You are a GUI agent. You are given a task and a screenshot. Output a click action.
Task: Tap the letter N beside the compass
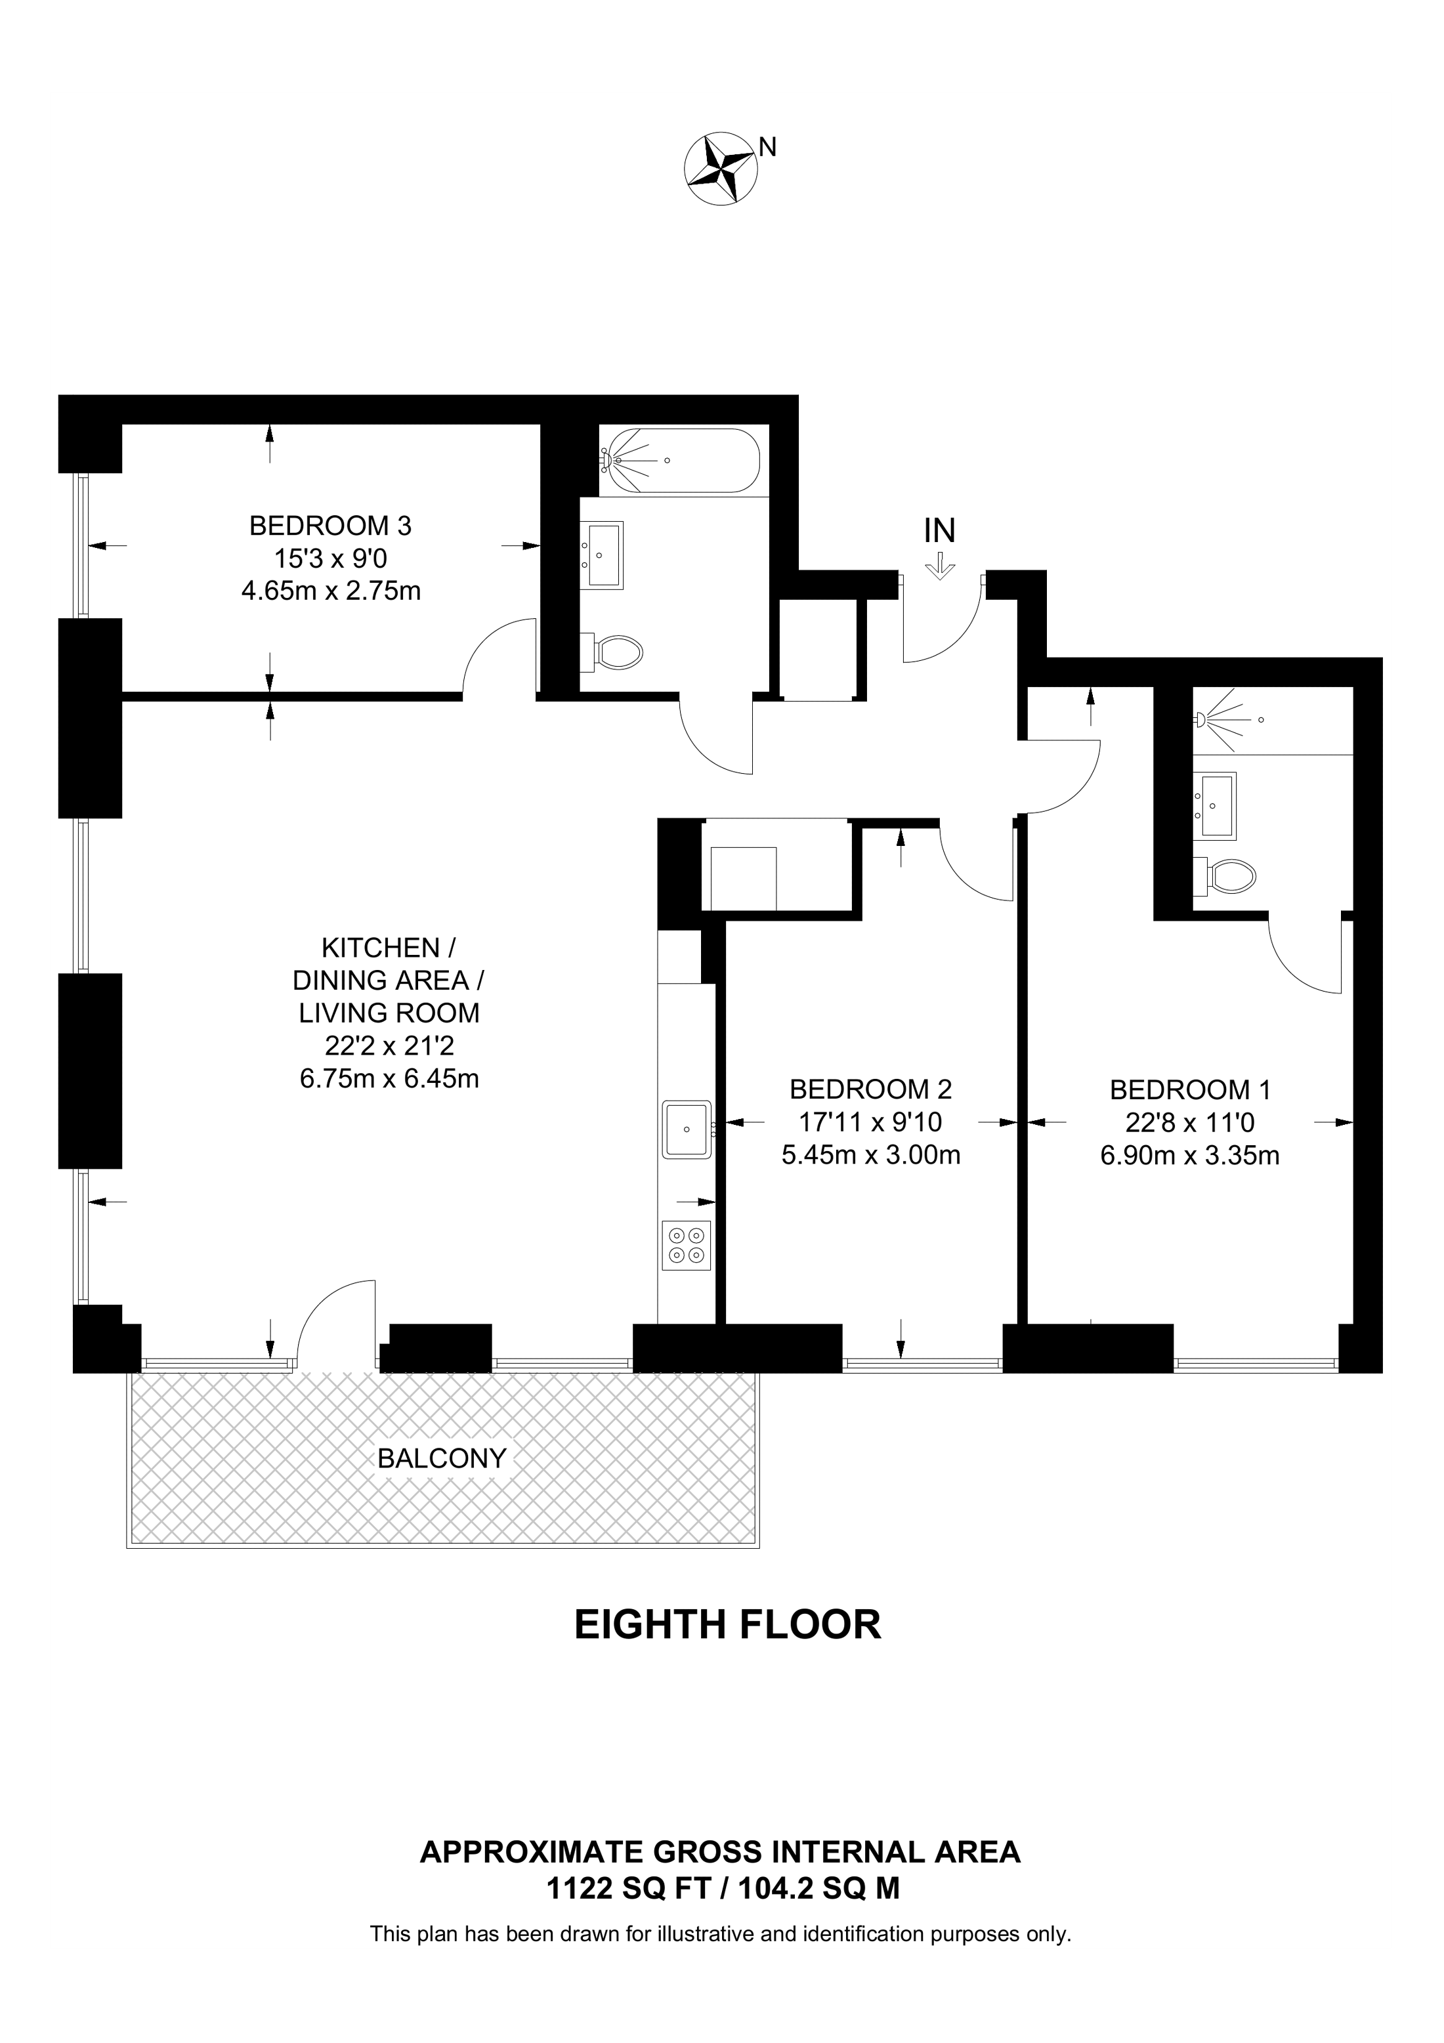pos(768,147)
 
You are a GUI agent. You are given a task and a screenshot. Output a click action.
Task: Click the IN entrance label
pos(939,531)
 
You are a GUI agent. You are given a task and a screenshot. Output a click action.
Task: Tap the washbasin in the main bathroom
pos(603,555)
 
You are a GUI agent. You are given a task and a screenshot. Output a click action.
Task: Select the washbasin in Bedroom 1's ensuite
pos(1216,805)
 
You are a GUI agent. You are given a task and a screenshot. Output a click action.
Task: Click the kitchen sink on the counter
pos(687,1129)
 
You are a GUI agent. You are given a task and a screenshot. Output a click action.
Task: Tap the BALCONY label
pos(442,1458)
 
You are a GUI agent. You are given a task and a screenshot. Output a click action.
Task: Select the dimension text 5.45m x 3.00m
pos(871,1155)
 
